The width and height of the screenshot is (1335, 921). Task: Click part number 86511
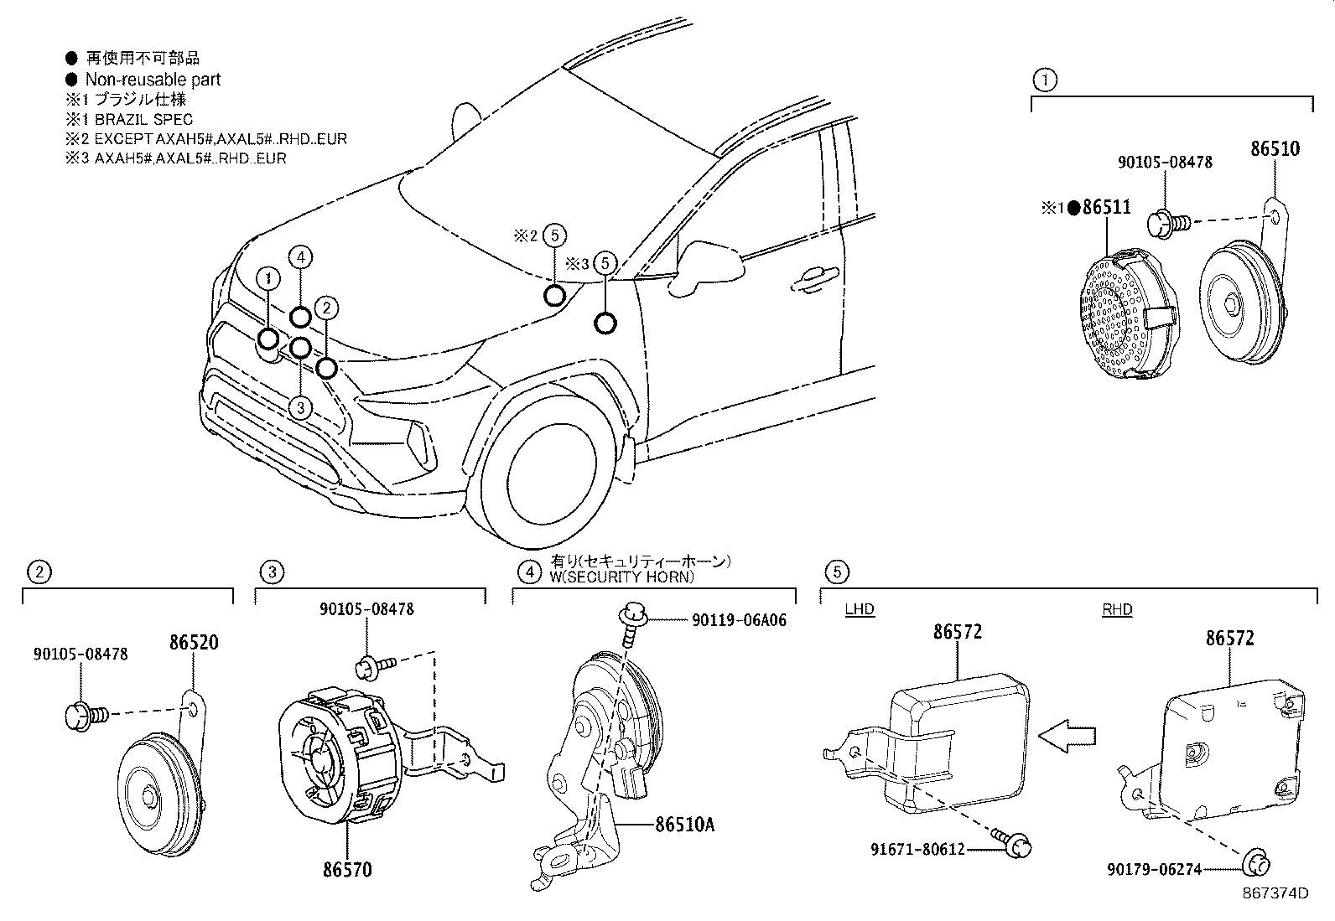click(1106, 207)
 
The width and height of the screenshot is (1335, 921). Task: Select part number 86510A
click(685, 825)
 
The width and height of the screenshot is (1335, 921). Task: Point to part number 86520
click(194, 642)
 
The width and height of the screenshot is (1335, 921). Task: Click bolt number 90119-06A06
click(739, 620)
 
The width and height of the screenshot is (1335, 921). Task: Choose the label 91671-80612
click(917, 849)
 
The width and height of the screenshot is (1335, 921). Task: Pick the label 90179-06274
click(1155, 869)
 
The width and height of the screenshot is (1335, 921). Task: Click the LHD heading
click(860, 609)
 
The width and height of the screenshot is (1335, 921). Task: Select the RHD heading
click(1117, 609)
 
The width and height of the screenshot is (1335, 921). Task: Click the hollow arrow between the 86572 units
click(1067, 737)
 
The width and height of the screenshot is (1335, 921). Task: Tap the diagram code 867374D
click(1275, 893)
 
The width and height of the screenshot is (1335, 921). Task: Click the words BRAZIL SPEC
click(143, 119)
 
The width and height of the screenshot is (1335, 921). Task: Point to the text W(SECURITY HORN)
click(621, 577)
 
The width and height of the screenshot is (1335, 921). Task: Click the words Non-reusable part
click(153, 80)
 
